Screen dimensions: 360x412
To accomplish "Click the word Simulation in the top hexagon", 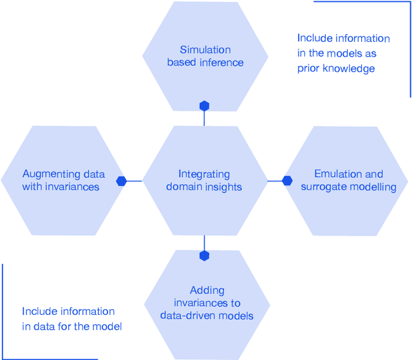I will click(205, 50).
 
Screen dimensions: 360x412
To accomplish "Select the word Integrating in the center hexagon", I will click(204, 174).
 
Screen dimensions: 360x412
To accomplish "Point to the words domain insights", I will click(204, 187).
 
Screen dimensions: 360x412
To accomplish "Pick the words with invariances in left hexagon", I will click(61, 187).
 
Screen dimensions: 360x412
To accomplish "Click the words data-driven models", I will click(206, 316).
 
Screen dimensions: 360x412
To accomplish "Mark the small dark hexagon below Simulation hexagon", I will click(204, 106).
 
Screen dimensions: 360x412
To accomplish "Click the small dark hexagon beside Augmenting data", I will click(121, 181).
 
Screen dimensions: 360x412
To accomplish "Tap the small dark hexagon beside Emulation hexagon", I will click(287, 181).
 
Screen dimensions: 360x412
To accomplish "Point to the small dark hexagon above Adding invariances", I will click(204, 256).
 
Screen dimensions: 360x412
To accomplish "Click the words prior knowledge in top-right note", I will click(336, 68).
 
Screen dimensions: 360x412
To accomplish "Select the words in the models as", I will click(337, 53).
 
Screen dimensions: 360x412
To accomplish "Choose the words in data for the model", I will click(71, 327).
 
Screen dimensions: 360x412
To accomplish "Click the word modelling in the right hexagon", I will click(373, 187).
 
